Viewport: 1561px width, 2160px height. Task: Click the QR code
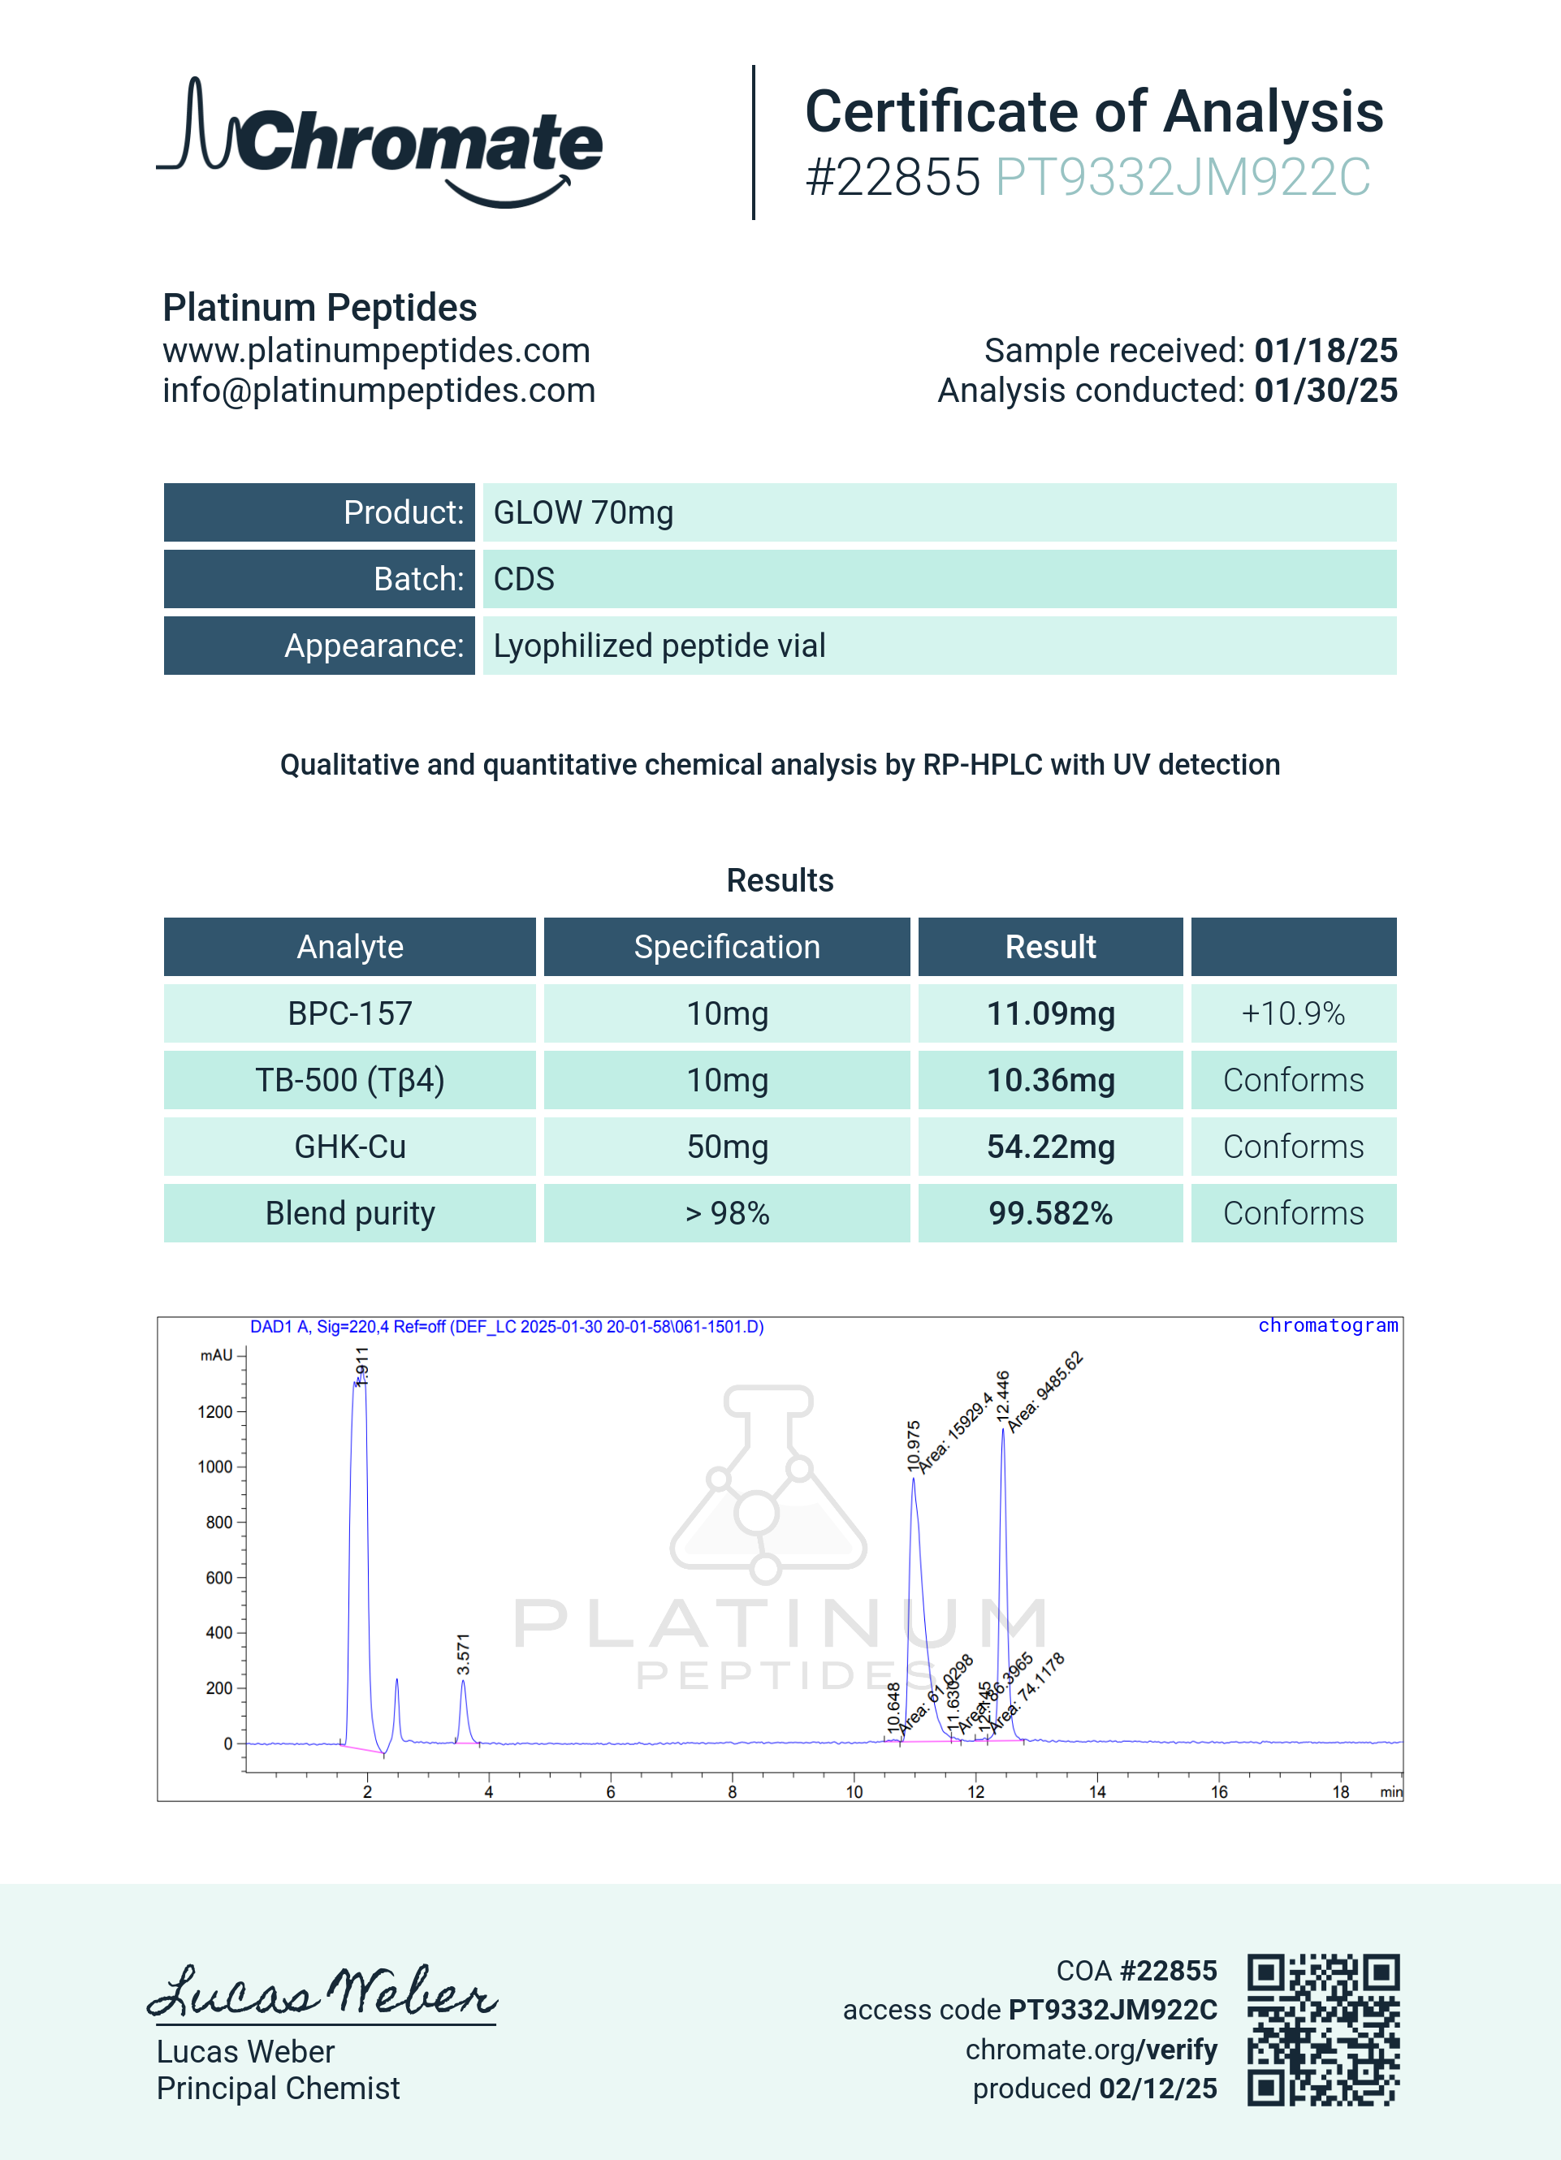(1323, 2029)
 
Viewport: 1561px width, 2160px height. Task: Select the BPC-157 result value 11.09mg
(1049, 1013)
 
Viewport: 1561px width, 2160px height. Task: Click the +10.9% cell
(1292, 1013)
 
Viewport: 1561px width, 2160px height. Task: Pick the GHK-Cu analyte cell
(349, 1147)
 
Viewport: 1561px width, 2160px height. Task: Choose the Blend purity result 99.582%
(1049, 1213)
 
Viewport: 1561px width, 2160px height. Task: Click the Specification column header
(727, 947)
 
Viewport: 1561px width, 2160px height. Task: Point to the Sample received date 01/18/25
(1325, 351)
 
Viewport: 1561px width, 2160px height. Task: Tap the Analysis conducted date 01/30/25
(1325, 391)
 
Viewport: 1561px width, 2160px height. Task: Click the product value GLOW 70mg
(583, 512)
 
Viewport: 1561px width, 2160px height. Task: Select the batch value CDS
(524, 579)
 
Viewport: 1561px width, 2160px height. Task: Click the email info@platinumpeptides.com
(378, 391)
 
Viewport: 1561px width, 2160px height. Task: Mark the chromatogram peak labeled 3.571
(463, 1710)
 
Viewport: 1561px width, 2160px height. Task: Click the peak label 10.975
(914, 1445)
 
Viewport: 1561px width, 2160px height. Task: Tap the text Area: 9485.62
(1044, 1392)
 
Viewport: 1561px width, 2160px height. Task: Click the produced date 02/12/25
(1157, 2089)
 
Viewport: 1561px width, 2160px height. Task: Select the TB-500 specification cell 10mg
(727, 1080)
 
